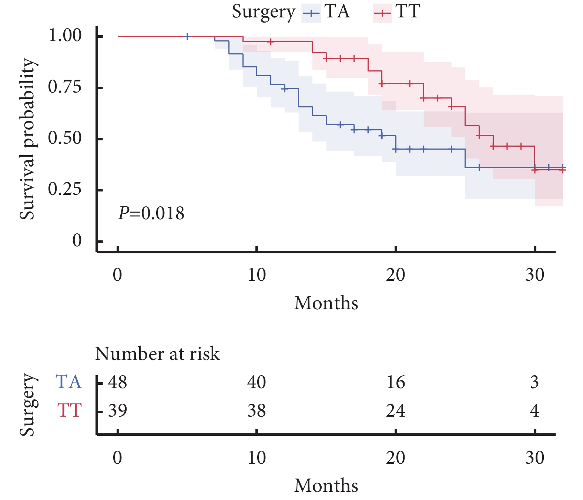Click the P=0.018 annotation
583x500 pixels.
(151, 213)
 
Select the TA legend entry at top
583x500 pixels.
(326, 12)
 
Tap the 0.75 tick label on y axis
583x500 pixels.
(65, 87)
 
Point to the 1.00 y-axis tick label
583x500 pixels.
(65, 36)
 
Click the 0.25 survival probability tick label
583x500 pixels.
(65, 190)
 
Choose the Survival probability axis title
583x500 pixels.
(27, 139)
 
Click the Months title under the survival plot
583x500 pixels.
(326, 303)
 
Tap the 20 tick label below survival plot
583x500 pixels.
(396, 275)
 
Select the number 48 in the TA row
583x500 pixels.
(118, 382)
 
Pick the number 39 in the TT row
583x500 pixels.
(118, 410)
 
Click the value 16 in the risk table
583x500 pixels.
(396, 382)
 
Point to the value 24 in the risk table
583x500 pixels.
(396, 410)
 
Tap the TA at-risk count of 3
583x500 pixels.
(535, 382)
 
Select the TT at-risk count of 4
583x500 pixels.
(535, 410)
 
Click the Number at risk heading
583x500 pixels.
(157, 354)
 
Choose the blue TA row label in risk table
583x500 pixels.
(68, 382)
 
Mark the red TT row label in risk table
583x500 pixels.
(69, 410)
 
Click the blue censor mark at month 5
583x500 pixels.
(187, 36)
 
